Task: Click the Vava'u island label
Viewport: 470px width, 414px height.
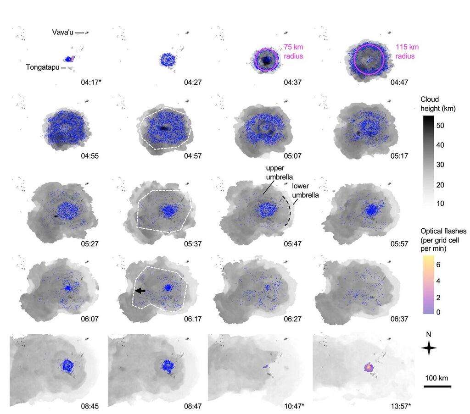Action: click(62, 33)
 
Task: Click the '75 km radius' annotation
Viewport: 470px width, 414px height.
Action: click(293, 51)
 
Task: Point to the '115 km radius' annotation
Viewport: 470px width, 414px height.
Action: click(407, 51)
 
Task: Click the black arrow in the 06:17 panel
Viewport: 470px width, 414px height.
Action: click(140, 291)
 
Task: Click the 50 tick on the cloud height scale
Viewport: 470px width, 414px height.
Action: click(441, 125)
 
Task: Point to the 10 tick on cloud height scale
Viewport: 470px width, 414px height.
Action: click(441, 203)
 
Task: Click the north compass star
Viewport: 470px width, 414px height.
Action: click(429, 348)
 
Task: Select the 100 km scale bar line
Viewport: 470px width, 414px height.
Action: click(437, 386)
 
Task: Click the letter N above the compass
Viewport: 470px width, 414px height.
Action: click(429, 334)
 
